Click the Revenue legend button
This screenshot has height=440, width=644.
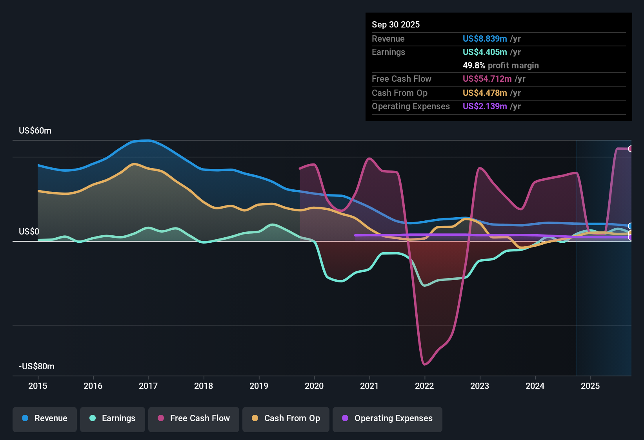[45, 418]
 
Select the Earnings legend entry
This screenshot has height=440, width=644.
[113, 418]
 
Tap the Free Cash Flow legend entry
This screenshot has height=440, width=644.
[194, 418]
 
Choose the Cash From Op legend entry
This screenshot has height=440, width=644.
[286, 418]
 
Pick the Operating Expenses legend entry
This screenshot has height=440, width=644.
[387, 418]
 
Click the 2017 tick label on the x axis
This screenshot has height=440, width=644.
[148, 386]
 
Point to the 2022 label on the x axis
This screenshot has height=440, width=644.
[424, 386]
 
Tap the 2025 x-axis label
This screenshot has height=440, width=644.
[590, 386]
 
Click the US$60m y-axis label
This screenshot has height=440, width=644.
[35, 131]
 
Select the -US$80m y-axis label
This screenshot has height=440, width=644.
[36, 367]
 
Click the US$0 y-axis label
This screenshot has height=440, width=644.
[29, 232]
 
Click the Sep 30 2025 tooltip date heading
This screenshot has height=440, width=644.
[396, 24]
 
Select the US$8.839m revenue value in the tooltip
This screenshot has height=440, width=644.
[485, 38]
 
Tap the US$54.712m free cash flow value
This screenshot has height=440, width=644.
[487, 79]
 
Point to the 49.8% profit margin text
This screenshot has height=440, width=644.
[500, 65]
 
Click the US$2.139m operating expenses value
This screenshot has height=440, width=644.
[485, 106]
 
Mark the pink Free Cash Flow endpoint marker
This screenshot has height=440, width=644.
[631, 149]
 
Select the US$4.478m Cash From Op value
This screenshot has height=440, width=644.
[485, 93]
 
